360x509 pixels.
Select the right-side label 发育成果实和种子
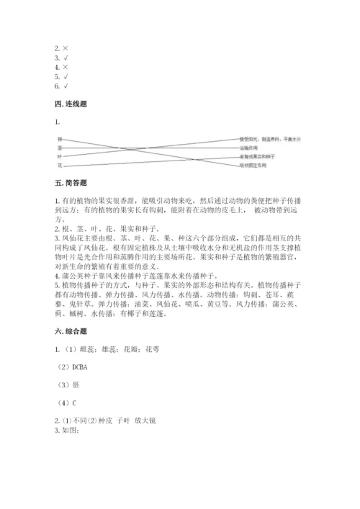[x=257, y=156]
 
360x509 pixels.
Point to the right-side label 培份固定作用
[x=253, y=166]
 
